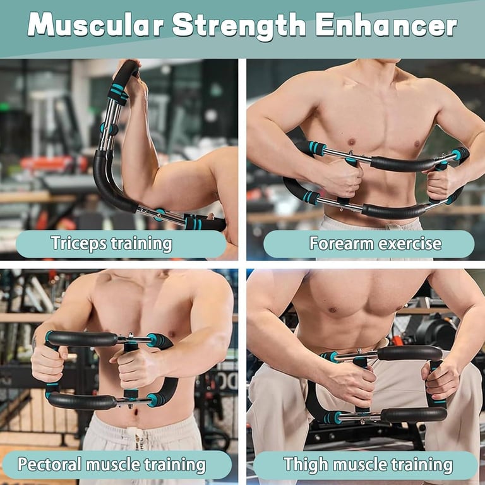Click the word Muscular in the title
click(x=95, y=25)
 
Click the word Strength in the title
click(x=239, y=26)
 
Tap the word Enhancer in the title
click(x=386, y=25)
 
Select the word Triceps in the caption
click(x=78, y=243)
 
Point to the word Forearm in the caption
click(x=342, y=243)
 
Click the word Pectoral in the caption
click(x=50, y=464)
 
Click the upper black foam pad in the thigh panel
click(x=410, y=352)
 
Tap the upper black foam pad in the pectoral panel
click(x=82, y=338)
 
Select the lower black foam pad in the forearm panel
click(x=393, y=211)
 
